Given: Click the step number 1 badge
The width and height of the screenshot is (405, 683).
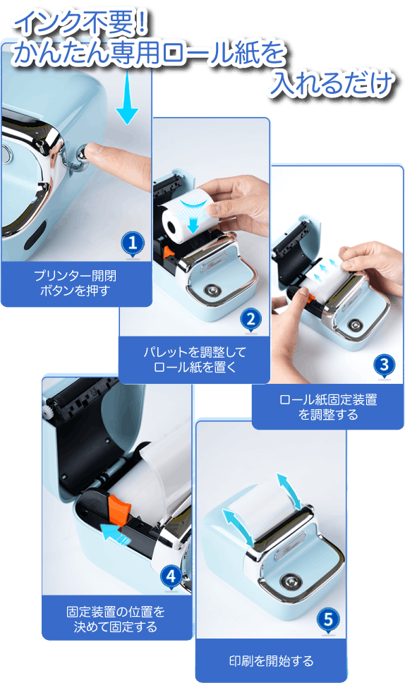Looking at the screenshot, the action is (x=133, y=243).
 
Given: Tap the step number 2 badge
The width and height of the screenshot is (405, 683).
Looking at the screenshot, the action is (x=251, y=320).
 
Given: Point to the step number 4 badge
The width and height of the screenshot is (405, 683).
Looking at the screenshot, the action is (x=171, y=576).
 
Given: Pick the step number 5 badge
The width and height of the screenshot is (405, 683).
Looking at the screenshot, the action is (x=328, y=619).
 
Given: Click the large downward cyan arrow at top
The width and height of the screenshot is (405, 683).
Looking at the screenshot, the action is (x=127, y=97).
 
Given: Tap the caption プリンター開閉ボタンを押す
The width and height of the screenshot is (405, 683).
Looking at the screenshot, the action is (x=75, y=283).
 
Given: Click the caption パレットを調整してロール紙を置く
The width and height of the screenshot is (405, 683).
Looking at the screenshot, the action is (x=195, y=359).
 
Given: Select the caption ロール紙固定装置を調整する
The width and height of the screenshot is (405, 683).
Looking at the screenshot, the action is (x=328, y=407).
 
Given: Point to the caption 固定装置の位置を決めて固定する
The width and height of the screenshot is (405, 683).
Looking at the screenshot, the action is (x=116, y=619).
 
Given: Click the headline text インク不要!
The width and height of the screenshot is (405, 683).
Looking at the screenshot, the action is (x=80, y=22).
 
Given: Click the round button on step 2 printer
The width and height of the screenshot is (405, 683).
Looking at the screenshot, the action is (x=212, y=290).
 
